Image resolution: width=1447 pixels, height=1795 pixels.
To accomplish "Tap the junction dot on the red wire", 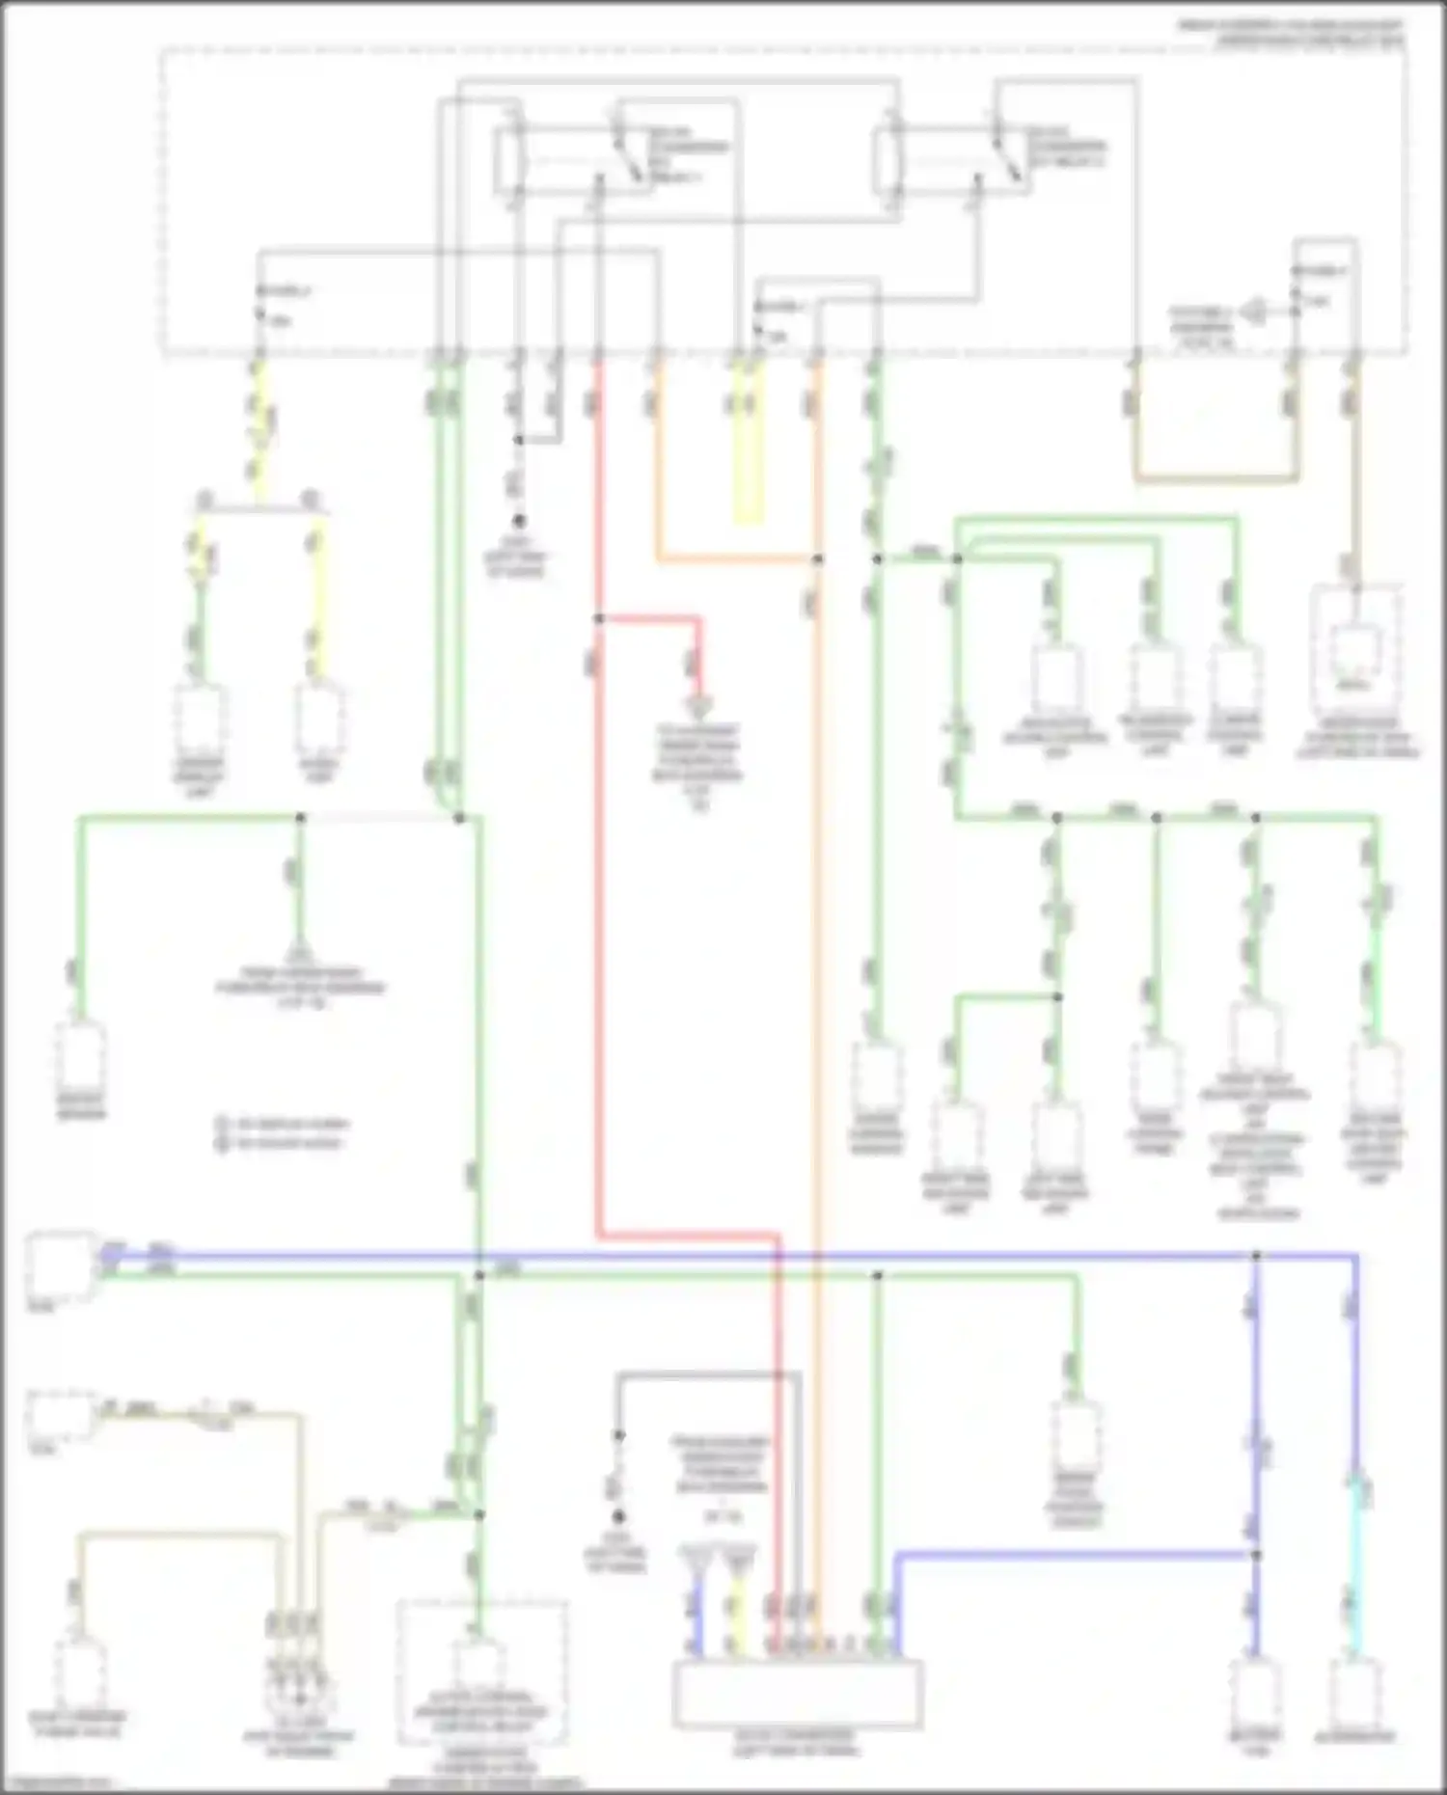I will (599, 618).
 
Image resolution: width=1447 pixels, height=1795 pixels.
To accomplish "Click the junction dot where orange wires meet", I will (817, 558).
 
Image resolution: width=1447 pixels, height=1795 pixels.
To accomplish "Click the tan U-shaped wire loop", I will (1214, 476).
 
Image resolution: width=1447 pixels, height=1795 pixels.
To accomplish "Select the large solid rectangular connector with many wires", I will (797, 1693).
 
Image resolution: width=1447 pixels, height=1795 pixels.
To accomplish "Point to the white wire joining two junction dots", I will (379, 818).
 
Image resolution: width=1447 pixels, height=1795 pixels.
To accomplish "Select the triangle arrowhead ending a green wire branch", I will (300, 947).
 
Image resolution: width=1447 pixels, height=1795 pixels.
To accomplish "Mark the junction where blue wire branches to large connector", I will (1256, 1554).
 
